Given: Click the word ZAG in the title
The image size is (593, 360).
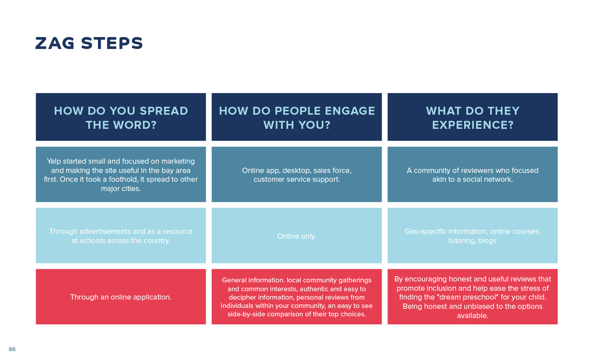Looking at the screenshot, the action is [x=55, y=43].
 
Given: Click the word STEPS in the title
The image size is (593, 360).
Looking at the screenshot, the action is [x=112, y=43].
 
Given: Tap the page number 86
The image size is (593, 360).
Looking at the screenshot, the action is [x=12, y=349].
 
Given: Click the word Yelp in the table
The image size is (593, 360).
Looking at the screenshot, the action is [x=54, y=161].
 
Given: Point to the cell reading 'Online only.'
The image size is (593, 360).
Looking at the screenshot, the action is [x=297, y=236].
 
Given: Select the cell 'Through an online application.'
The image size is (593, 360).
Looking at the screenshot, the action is [x=121, y=297].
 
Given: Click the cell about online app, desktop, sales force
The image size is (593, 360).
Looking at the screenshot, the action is [x=297, y=174].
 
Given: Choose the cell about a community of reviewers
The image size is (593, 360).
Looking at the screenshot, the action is [x=473, y=174].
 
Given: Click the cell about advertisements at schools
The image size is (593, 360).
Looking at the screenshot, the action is [x=121, y=236].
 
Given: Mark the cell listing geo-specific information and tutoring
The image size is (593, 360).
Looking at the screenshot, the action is [x=473, y=236].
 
